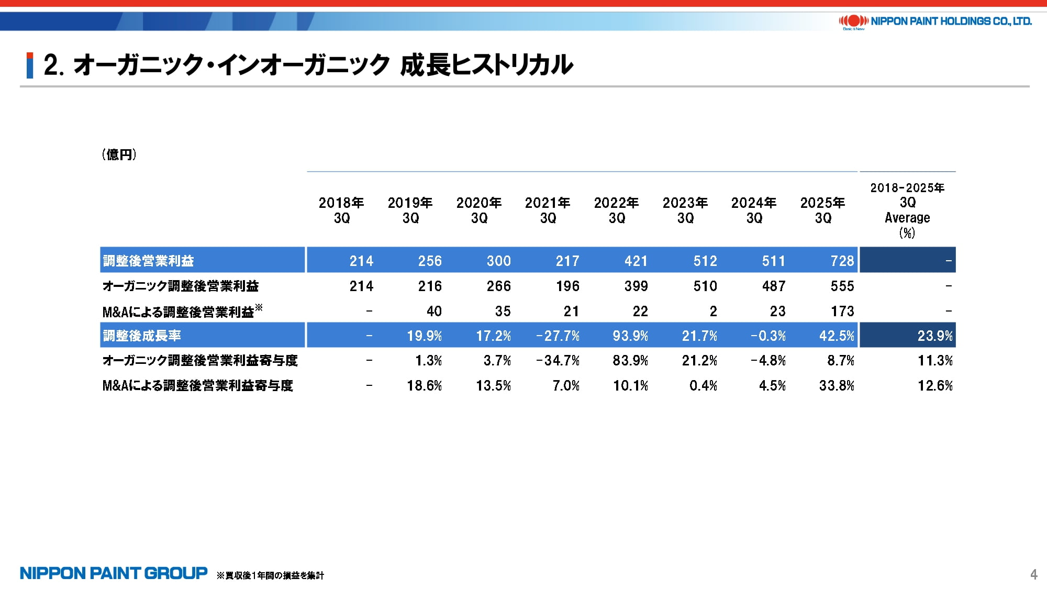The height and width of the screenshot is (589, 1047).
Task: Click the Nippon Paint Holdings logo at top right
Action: pos(935,21)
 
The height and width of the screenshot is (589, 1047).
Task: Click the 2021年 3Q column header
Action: pos(548,210)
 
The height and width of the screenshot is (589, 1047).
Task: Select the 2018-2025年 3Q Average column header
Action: pos(907,210)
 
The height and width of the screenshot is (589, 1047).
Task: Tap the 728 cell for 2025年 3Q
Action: pos(842,261)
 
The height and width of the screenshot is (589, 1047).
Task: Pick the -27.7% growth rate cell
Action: pos(558,336)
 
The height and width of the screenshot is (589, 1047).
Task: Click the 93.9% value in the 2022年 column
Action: pos(630,336)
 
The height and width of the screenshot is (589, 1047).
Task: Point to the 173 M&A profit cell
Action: pos(842,312)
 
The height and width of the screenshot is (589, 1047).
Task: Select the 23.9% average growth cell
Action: pos(934,336)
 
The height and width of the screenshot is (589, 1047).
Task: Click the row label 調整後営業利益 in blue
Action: pos(149,261)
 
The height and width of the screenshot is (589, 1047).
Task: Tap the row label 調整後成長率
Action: pos(142,336)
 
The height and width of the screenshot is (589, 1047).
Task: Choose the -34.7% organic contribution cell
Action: pos(558,361)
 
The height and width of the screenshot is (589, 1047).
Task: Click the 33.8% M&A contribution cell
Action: pos(837,386)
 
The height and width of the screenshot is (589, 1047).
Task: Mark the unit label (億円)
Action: pos(119,154)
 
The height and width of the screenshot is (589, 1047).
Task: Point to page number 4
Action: pos(1033,574)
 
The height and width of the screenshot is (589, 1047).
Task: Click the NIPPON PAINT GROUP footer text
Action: pos(114,573)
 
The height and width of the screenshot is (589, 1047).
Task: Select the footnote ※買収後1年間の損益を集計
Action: pos(270,575)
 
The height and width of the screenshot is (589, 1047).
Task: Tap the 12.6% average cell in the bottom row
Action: pos(934,386)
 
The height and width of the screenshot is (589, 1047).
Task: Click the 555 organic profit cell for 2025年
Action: pos(842,286)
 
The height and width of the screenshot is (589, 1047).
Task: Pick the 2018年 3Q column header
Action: pos(341,210)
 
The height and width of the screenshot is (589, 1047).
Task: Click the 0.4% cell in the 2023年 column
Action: pos(703,386)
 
